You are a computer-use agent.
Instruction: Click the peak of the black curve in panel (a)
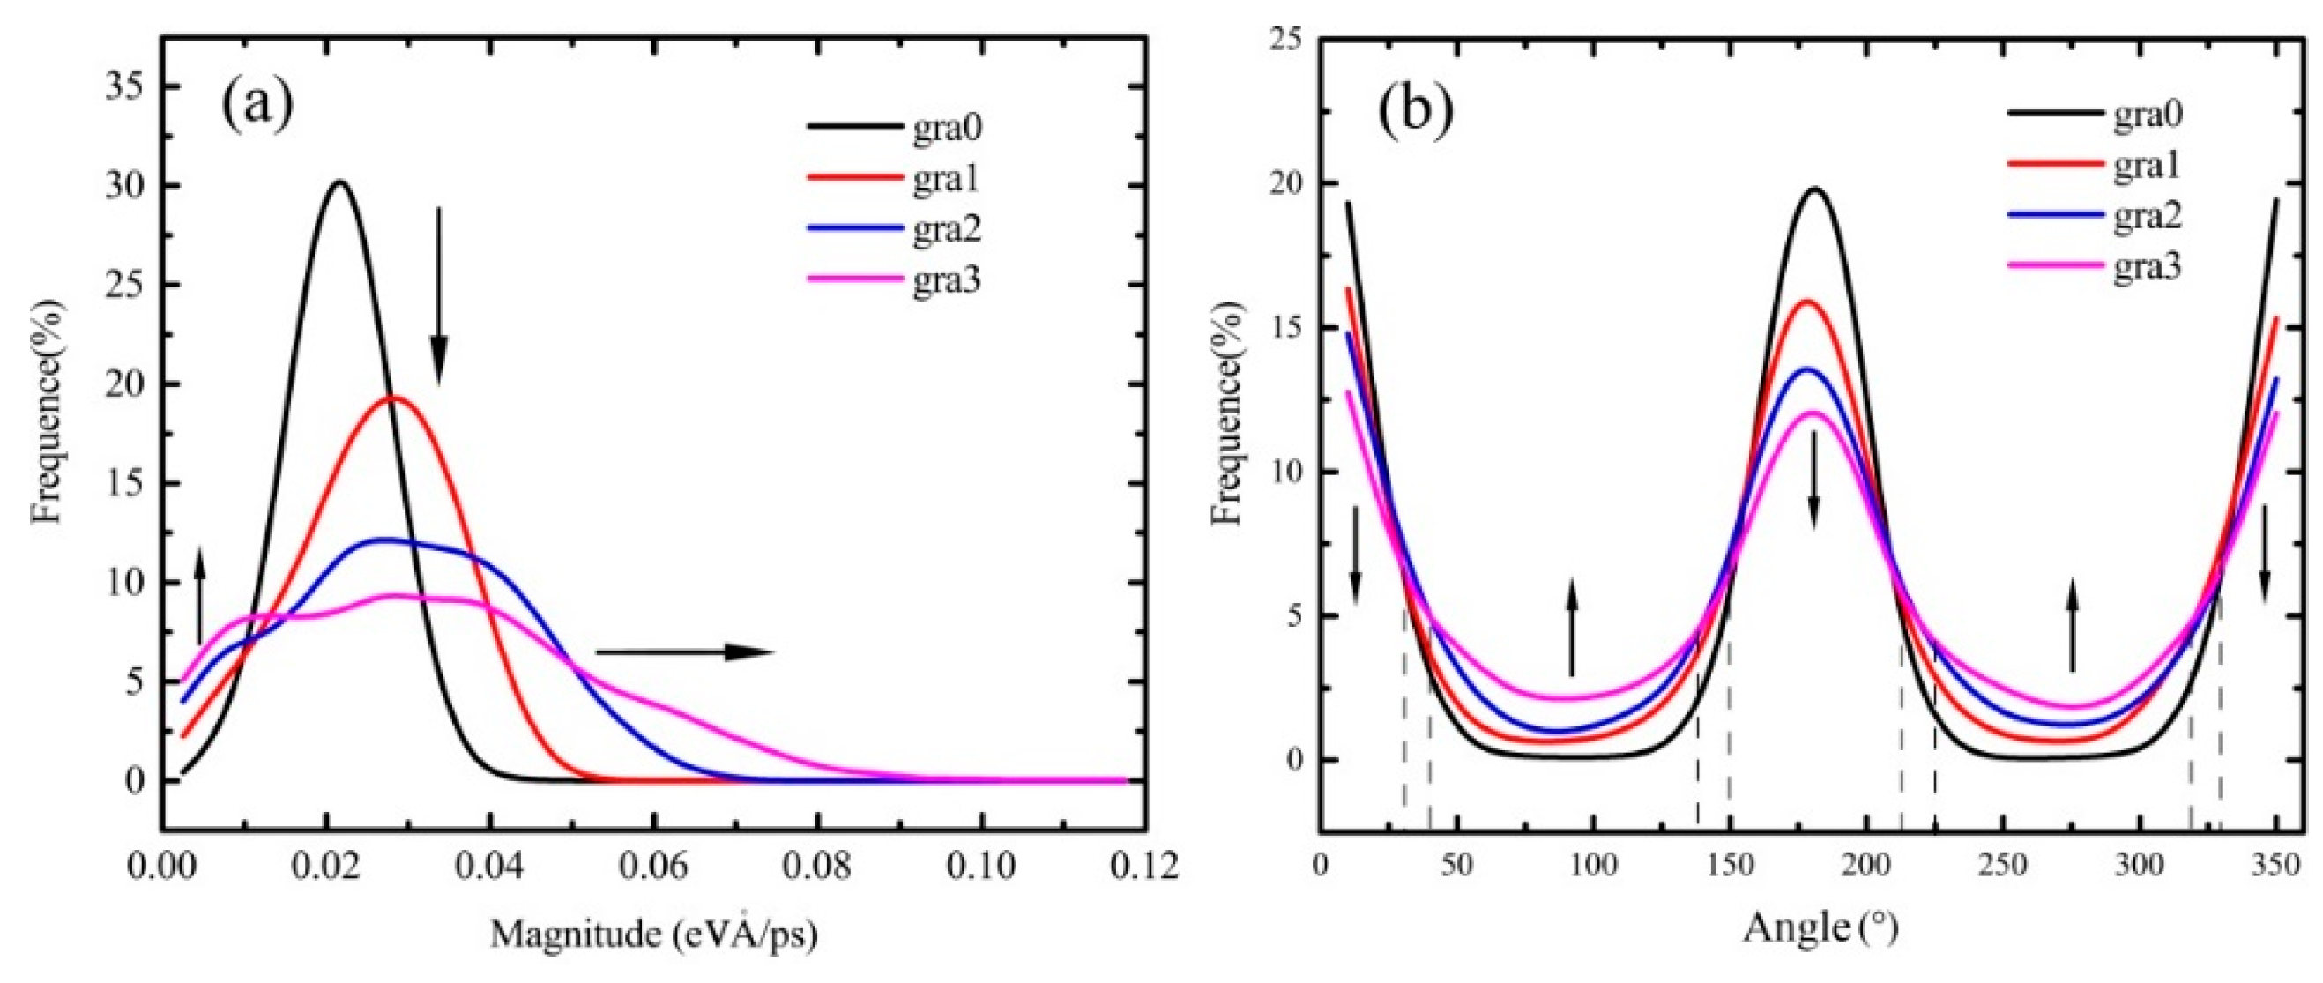[339, 183]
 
